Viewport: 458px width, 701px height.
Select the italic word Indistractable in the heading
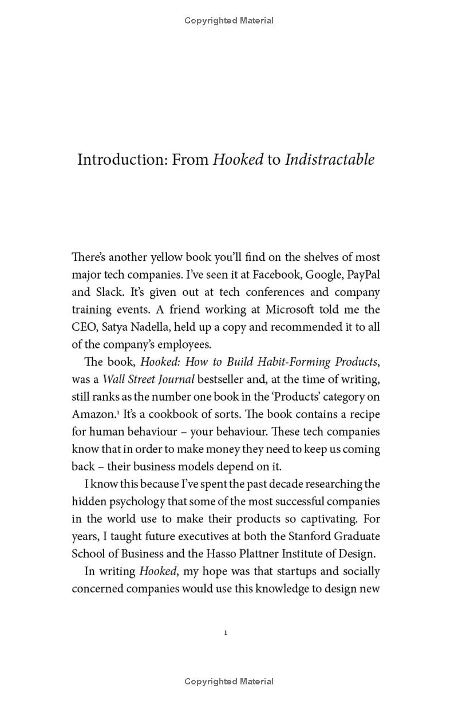(330, 159)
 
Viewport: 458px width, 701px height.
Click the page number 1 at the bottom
(226, 633)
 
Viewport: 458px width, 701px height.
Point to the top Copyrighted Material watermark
(229, 21)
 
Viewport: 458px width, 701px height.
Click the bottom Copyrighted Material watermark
(229, 682)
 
